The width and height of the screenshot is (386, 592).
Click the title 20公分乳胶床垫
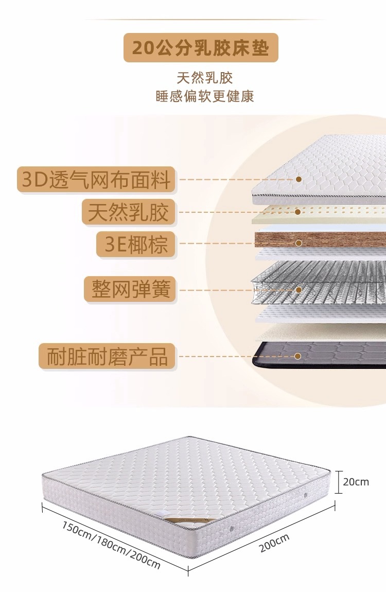click(201, 48)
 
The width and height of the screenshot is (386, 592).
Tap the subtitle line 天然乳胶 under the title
click(205, 78)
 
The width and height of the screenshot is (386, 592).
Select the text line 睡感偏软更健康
click(205, 96)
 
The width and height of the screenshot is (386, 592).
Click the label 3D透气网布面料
click(96, 180)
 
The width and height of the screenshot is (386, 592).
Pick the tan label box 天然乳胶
click(128, 212)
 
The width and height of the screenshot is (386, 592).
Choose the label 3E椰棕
click(136, 244)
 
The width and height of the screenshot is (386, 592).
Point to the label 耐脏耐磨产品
click(107, 356)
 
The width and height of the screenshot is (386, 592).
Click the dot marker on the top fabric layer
click(298, 179)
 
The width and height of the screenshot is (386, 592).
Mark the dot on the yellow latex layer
click(297, 212)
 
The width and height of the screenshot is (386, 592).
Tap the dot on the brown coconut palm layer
click(297, 243)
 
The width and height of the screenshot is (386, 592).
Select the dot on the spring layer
click(298, 290)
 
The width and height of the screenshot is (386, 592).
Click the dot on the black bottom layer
click(297, 356)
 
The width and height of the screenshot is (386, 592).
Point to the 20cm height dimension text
click(356, 482)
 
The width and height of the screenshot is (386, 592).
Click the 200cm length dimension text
click(274, 543)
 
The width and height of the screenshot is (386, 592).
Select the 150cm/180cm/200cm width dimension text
click(111, 545)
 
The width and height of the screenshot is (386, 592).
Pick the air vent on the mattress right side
click(306, 495)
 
